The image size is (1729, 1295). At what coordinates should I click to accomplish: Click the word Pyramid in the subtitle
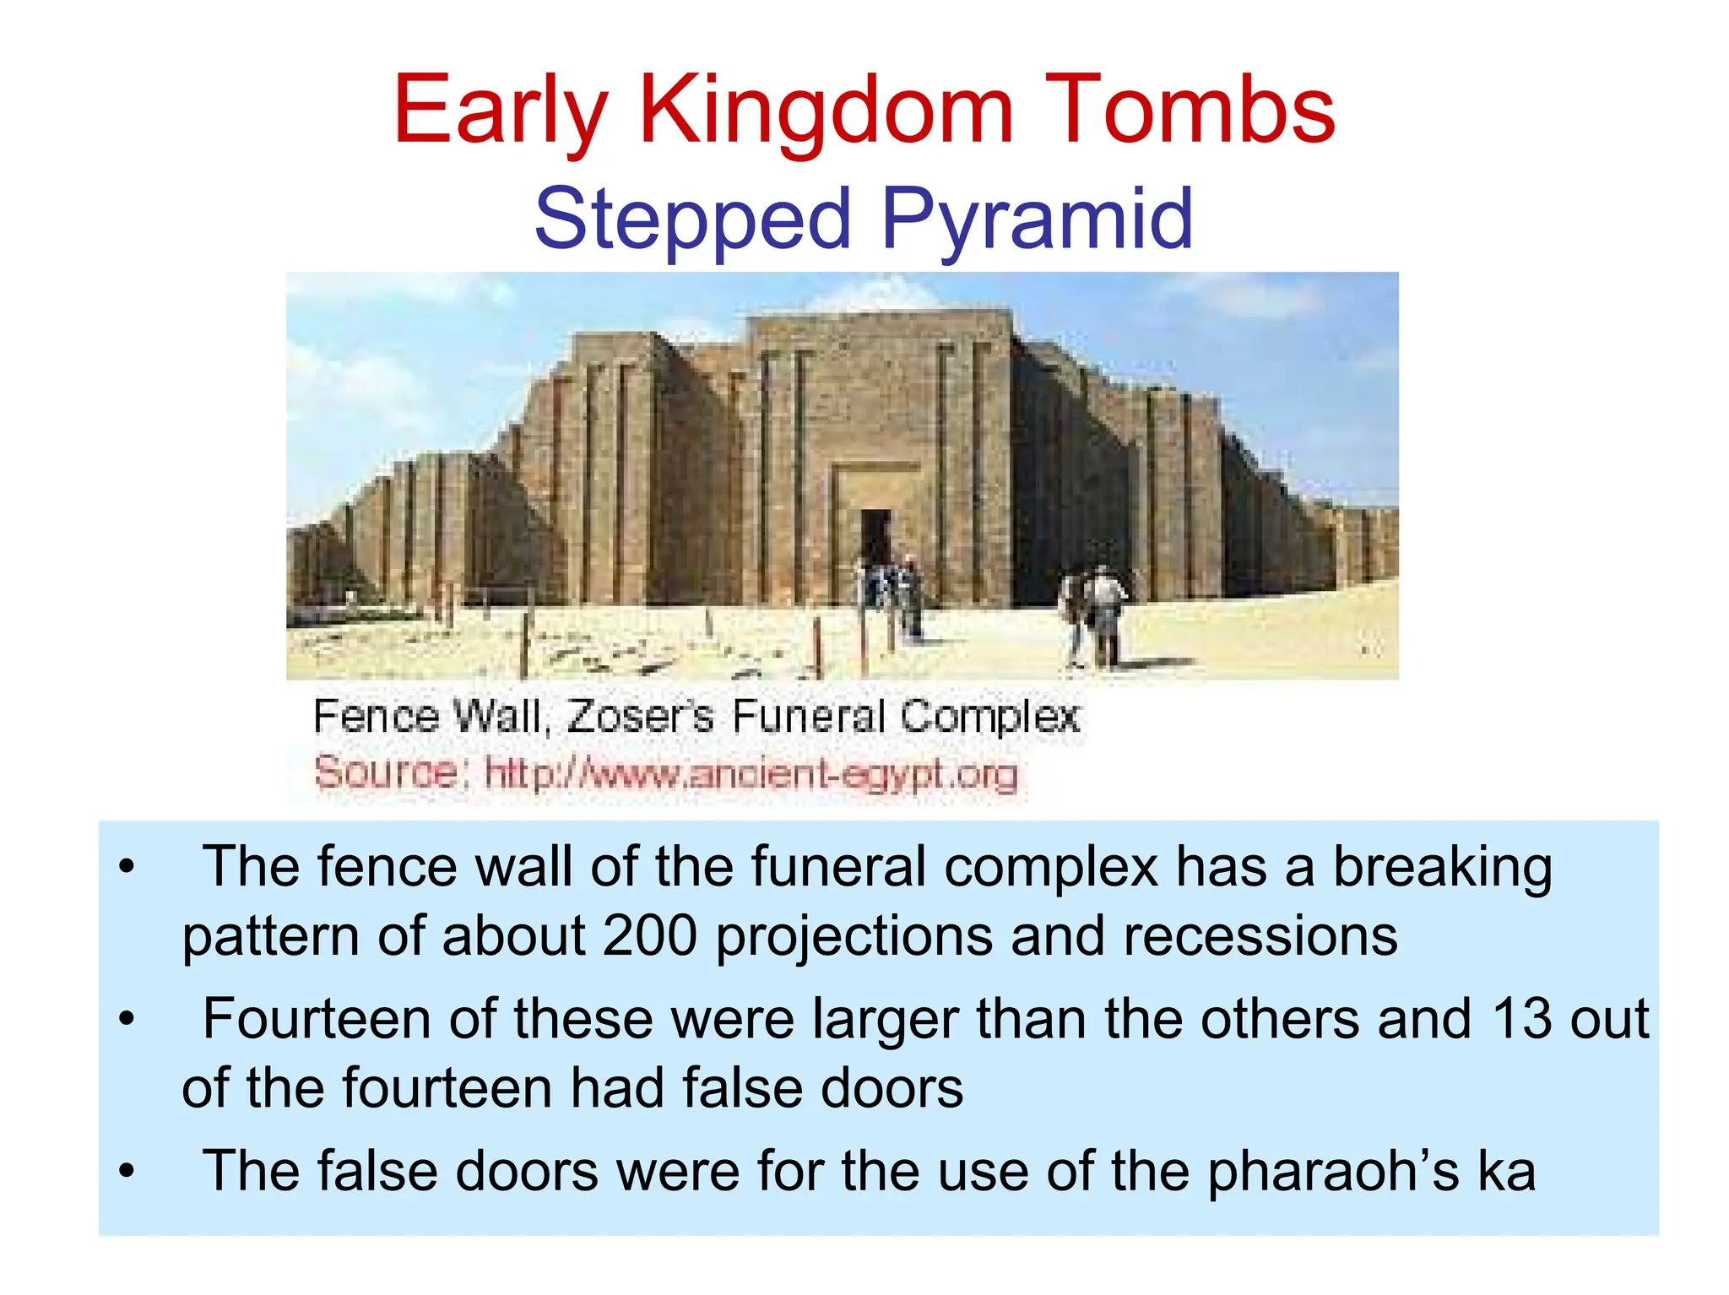pos(1037,219)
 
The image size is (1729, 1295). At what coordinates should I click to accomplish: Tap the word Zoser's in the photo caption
pos(641,717)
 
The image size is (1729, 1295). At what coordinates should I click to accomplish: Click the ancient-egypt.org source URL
pos(751,773)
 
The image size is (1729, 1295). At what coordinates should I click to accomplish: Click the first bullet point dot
pos(127,867)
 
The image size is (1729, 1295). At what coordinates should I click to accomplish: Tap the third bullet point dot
pos(127,1171)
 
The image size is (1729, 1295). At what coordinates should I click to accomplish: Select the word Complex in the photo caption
pos(989,717)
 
